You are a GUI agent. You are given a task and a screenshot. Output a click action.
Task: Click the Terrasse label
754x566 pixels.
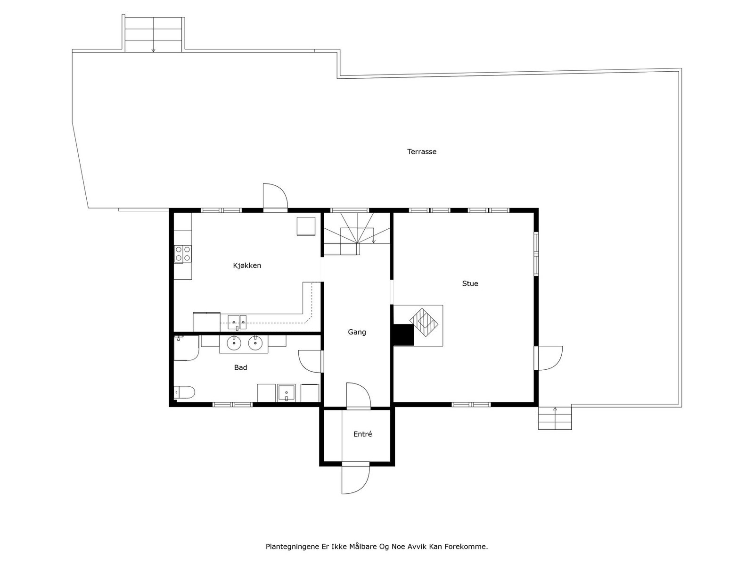tap(422, 152)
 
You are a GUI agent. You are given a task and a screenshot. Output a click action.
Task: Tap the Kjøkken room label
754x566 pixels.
tap(247, 266)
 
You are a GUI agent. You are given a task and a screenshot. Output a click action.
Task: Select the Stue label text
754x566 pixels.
tap(470, 283)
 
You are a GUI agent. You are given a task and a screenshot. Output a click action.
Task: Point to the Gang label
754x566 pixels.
tap(357, 332)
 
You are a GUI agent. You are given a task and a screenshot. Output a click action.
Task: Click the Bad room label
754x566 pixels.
tap(240, 367)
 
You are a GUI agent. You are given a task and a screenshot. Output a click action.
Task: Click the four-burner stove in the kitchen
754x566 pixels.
tap(183, 254)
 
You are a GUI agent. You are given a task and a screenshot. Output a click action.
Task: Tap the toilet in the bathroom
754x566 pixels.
tap(185, 392)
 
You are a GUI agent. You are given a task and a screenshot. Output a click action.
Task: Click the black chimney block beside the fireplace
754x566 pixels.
tap(403, 335)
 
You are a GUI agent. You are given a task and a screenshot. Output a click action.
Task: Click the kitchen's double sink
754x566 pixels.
tap(237, 322)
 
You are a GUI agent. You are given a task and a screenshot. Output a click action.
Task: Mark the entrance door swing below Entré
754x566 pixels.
tap(355, 479)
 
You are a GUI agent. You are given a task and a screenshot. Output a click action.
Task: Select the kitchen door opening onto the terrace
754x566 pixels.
tap(275, 196)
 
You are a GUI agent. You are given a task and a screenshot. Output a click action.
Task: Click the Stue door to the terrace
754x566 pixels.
tap(549, 358)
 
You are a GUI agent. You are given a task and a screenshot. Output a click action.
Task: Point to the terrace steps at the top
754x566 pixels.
tap(153, 34)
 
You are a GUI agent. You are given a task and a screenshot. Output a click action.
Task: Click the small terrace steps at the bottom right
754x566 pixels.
tap(555, 418)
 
